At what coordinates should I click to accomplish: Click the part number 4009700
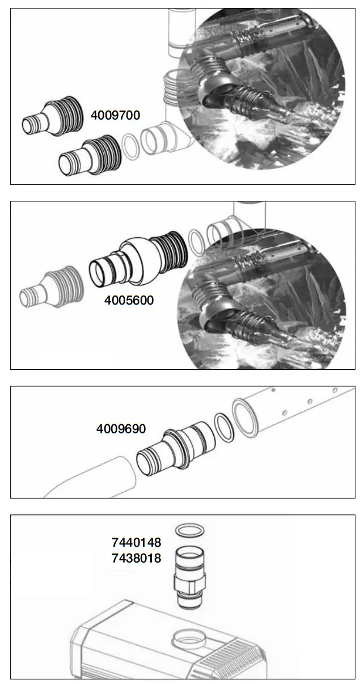click(115, 115)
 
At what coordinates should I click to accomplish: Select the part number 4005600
click(129, 300)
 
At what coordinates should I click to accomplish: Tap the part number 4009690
click(121, 429)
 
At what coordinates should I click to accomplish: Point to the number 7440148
click(136, 543)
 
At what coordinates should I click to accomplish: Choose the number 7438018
click(136, 558)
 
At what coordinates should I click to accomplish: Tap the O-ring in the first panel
click(130, 147)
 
